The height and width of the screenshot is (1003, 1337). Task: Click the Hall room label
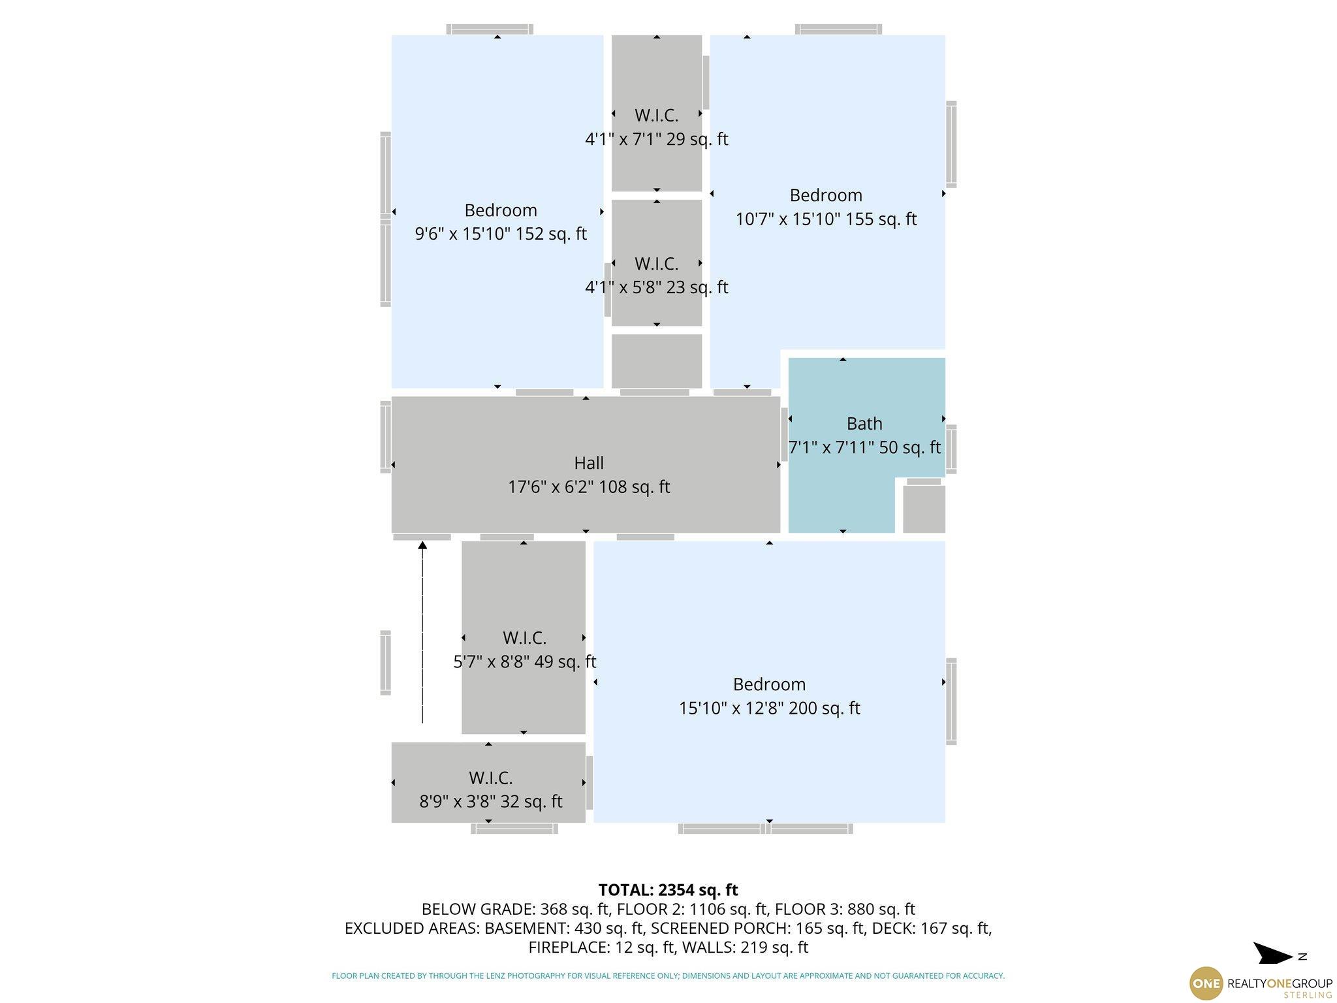pyautogui.click(x=588, y=463)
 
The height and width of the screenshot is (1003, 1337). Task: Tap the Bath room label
pyautogui.click(x=864, y=424)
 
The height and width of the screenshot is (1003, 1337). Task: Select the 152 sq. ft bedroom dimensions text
pyautogui.click(x=501, y=234)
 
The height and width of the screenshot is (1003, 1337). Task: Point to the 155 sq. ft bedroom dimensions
pyautogui.click(x=826, y=219)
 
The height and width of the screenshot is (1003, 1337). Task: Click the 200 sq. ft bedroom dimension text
pyautogui.click(x=769, y=708)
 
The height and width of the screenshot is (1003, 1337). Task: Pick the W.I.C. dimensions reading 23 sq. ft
pyautogui.click(x=656, y=287)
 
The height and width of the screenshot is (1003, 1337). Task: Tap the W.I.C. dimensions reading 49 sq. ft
pyautogui.click(x=525, y=661)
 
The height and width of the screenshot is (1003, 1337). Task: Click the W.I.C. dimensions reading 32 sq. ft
pyautogui.click(x=490, y=801)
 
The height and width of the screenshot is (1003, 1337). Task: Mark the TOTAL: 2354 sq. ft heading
pyautogui.click(x=668, y=890)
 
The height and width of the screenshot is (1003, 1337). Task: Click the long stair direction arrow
pyautogui.click(x=422, y=632)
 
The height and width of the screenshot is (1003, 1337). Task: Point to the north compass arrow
pyautogui.click(x=1272, y=954)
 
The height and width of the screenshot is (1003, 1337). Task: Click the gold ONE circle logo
pyautogui.click(x=1206, y=983)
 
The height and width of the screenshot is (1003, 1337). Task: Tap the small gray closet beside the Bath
pyautogui.click(x=924, y=509)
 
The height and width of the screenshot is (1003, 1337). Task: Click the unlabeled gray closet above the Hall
pyautogui.click(x=656, y=361)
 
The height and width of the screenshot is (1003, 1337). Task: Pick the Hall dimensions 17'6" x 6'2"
pyautogui.click(x=589, y=487)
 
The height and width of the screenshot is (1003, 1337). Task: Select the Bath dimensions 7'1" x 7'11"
pyautogui.click(x=864, y=448)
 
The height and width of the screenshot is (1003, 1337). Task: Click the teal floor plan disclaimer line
pyautogui.click(x=668, y=976)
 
